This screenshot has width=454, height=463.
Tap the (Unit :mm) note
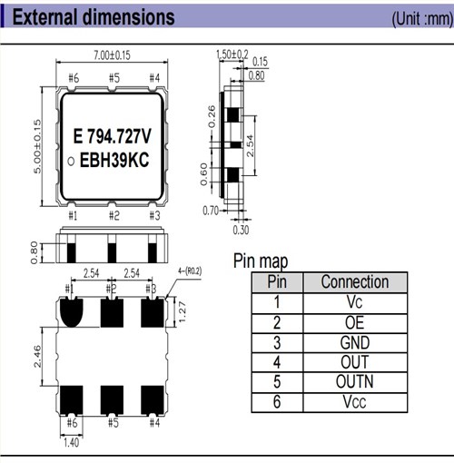pyautogui.click(x=419, y=18)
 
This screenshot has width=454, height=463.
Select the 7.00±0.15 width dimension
pyautogui.click(x=112, y=56)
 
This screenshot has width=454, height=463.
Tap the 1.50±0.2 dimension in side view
pyautogui.click(x=233, y=54)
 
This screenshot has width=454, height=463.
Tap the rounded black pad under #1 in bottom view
pyautogui.click(x=71, y=312)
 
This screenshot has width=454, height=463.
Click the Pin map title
pyautogui.click(x=261, y=261)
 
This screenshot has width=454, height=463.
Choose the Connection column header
pyautogui.click(x=354, y=281)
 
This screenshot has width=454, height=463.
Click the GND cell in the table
pyautogui.click(x=354, y=342)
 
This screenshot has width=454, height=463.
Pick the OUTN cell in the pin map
pyautogui.click(x=354, y=382)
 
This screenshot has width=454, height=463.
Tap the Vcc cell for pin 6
pyautogui.click(x=354, y=403)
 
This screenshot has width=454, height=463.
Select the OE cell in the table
pyautogui.click(x=354, y=322)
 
